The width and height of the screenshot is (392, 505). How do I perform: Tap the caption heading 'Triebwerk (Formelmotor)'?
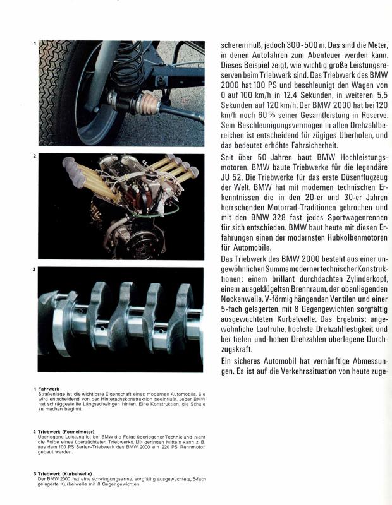(x=74, y=432)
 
